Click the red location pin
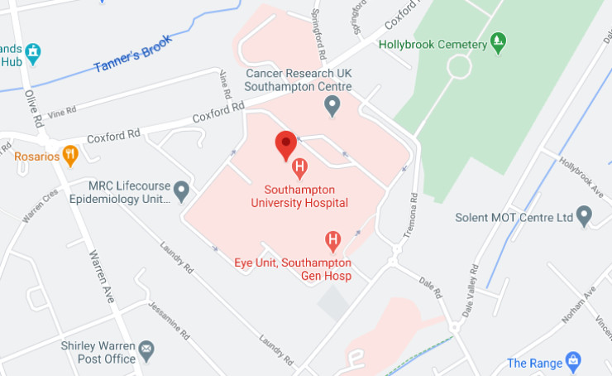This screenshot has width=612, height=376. [x=286, y=145]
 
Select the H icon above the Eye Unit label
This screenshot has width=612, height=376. [x=333, y=241]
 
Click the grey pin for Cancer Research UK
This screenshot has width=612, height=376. [x=332, y=105]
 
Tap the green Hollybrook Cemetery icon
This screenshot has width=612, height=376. [x=498, y=41]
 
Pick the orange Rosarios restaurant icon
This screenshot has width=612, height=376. [x=70, y=154]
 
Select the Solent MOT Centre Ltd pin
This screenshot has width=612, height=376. [x=585, y=217]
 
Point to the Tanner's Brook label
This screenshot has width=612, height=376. [x=133, y=55]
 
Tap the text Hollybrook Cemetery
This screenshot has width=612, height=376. [x=433, y=43]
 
